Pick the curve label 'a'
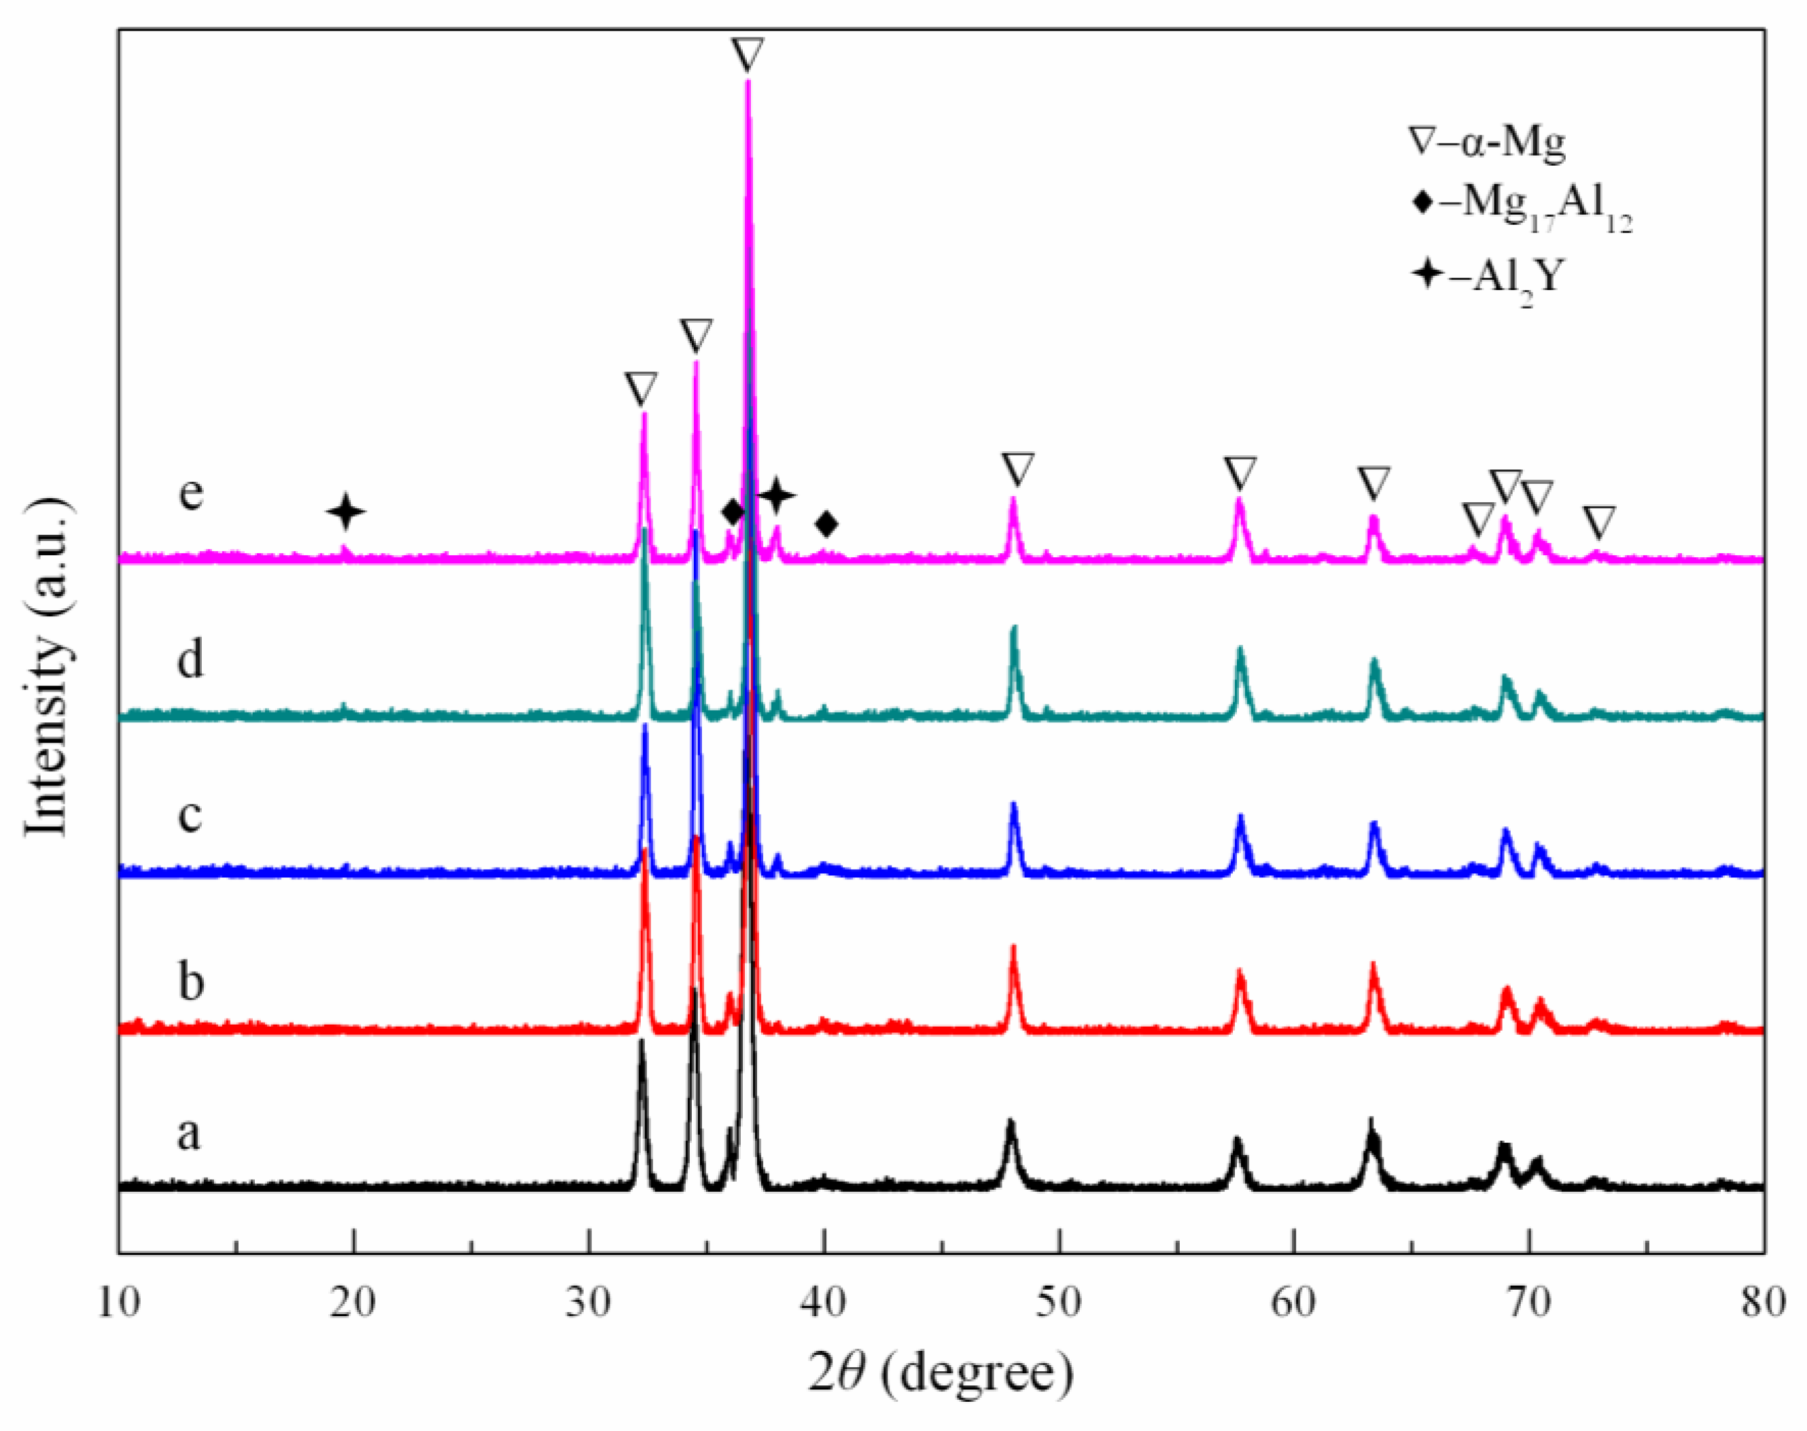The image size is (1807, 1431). (x=190, y=1135)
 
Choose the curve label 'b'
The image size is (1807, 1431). (x=191, y=980)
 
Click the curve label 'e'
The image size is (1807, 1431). (x=191, y=493)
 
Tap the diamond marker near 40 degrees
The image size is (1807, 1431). (x=827, y=525)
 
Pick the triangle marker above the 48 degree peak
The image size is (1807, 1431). (x=1018, y=469)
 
